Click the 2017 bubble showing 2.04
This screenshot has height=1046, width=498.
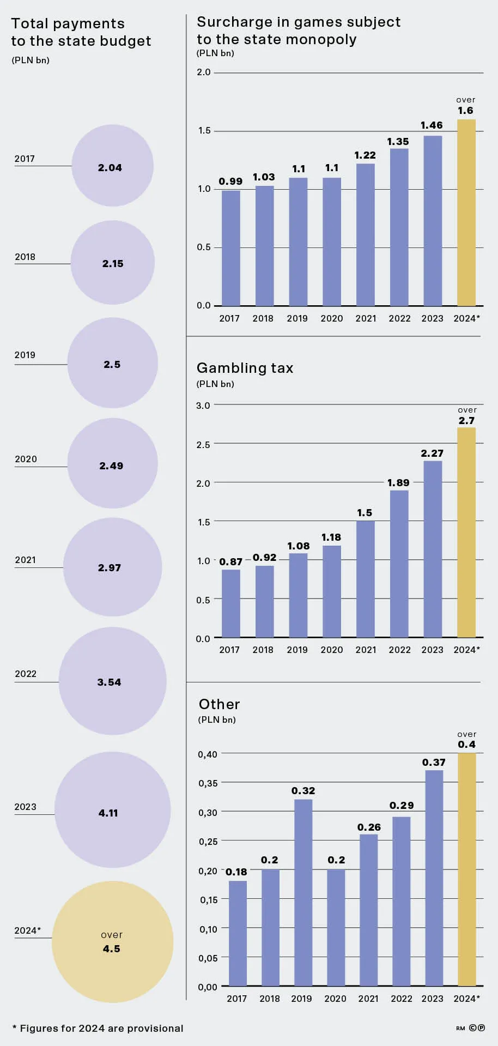click(112, 166)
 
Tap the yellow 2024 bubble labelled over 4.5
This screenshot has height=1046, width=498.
click(112, 942)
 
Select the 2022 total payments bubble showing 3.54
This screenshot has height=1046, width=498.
click(112, 681)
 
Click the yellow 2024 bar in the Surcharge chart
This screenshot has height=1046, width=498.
click(466, 213)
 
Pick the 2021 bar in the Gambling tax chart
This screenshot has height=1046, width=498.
click(366, 579)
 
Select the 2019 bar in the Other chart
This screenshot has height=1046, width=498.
click(303, 893)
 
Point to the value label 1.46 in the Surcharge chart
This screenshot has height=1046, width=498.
click(432, 125)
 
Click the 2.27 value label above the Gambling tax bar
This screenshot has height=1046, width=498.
click(432, 454)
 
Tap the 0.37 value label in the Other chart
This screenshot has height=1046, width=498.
click(434, 763)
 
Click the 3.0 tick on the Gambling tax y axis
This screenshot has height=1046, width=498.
click(203, 406)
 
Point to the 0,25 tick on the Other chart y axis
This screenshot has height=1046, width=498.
click(208, 842)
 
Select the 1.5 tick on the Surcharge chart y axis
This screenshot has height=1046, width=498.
click(204, 131)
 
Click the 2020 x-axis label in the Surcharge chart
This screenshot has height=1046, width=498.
click(332, 318)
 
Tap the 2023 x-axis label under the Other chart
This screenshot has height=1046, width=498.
click(432, 999)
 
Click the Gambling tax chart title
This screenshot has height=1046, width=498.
click(245, 368)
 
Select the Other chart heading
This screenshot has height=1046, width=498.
click(219, 704)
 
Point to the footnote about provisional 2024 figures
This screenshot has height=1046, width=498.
click(98, 1029)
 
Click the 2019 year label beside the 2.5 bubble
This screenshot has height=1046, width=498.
click(25, 355)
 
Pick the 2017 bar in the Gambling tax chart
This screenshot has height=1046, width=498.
click(231, 603)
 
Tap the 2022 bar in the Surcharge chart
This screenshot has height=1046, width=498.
click(399, 227)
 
